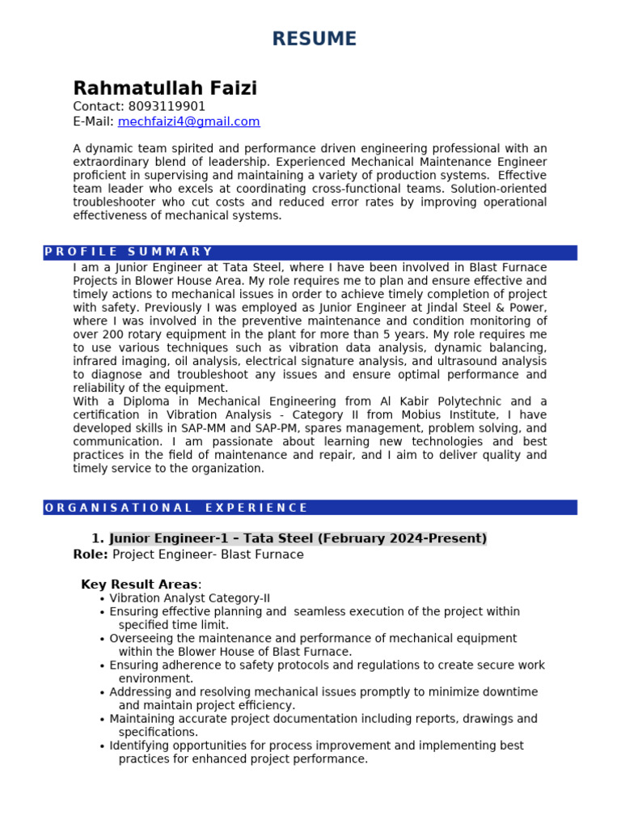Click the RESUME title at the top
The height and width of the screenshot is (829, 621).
(314, 38)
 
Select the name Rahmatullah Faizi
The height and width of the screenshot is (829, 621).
(165, 88)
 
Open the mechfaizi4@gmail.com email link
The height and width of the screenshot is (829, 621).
(188, 121)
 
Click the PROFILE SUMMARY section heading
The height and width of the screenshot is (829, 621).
(129, 252)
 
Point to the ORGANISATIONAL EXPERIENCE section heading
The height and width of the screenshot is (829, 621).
(176, 508)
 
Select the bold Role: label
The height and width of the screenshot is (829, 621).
(91, 555)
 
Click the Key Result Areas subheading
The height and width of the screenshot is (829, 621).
(139, 585)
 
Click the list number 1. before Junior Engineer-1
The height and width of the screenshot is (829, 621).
(98, 538)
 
